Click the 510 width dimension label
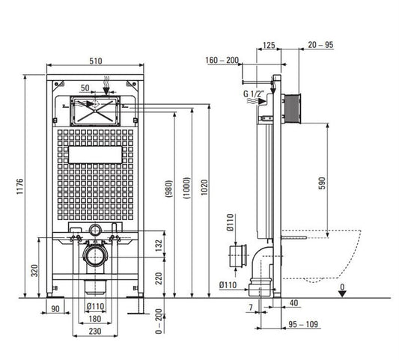96,61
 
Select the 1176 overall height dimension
20,186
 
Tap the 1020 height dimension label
204,188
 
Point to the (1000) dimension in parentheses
186,188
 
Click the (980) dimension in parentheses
168,189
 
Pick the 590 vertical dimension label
322,183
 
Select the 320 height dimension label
34,270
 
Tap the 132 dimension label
159,245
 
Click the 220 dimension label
159,278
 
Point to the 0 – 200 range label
159,321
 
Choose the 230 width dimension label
95,332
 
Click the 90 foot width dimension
55,309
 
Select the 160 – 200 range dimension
222,61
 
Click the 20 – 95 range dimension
320,45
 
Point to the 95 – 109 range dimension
303,324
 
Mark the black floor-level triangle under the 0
343,294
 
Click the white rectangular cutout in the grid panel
95,155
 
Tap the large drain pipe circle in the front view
95,256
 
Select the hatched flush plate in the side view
292,109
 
